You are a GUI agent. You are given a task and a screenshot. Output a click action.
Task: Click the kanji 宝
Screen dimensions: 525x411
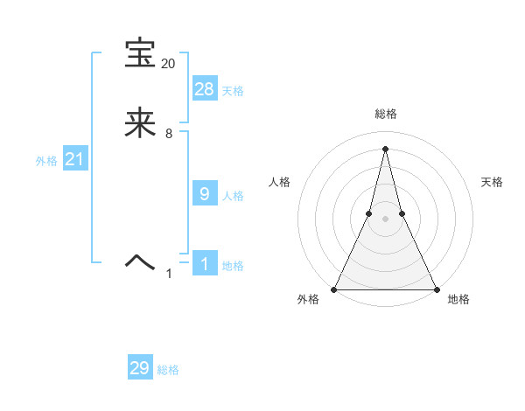point(141,53)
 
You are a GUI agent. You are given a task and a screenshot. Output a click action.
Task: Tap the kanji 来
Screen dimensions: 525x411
point(141,123)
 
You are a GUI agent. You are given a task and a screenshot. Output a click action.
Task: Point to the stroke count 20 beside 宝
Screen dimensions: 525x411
point(168,64)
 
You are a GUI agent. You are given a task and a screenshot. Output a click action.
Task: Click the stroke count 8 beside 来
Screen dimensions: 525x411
point(168,134)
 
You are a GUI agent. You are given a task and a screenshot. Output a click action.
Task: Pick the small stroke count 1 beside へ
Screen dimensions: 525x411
point(169,274)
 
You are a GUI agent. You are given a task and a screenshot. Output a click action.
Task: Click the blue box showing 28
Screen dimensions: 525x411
point(205,88)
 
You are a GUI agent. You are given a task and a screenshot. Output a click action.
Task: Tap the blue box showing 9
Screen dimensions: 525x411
point(205,194)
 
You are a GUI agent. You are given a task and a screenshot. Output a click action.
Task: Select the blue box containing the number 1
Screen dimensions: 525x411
point(205,264)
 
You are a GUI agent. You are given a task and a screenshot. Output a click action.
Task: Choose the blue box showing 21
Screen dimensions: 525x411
point(74,160)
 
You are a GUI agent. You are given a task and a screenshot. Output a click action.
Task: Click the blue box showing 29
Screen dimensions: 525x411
point(140,368)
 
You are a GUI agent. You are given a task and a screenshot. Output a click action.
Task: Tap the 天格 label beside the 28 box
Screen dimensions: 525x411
point(233,90)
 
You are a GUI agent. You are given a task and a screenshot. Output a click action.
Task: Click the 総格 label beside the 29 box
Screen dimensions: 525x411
point(168,370)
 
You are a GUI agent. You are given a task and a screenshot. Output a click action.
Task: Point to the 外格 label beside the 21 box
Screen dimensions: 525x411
point(46,161)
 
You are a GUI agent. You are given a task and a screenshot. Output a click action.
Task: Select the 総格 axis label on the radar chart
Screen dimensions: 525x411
point(385,114)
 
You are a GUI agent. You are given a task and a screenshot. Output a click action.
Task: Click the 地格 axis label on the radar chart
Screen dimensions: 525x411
point(458,300)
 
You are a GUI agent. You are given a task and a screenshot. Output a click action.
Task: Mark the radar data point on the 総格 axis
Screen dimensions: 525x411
point(385,147)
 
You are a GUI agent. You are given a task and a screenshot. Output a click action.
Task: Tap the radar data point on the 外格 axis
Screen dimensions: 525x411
point(334,289)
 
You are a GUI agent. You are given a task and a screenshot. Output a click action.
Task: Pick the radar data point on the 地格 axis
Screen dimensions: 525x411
point(436,289)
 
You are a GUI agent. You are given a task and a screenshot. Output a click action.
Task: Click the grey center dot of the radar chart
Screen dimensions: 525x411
point(385,219)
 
